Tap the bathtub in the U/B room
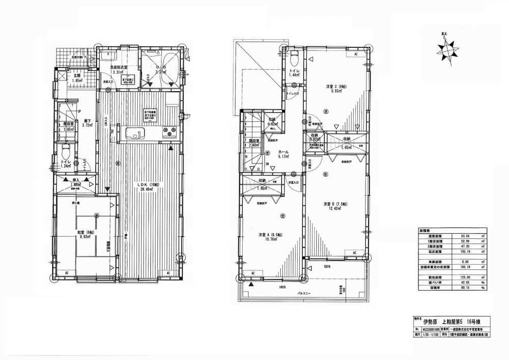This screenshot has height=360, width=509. (x=171, y=68)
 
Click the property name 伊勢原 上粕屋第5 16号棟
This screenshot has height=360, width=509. (x=458, y=322)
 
